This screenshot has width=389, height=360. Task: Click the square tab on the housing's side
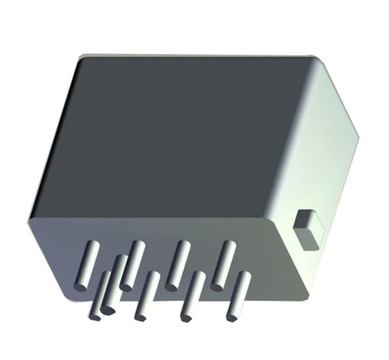tap(308, 229)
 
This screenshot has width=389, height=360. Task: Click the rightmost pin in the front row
tap(238, 295)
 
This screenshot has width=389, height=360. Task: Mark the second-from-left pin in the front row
tap(147, 295)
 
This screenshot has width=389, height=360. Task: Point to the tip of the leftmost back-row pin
tap(80, 286)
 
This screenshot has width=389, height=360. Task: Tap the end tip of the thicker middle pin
tap(108, 310)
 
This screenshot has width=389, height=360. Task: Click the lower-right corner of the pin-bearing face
tap(310, 300)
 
